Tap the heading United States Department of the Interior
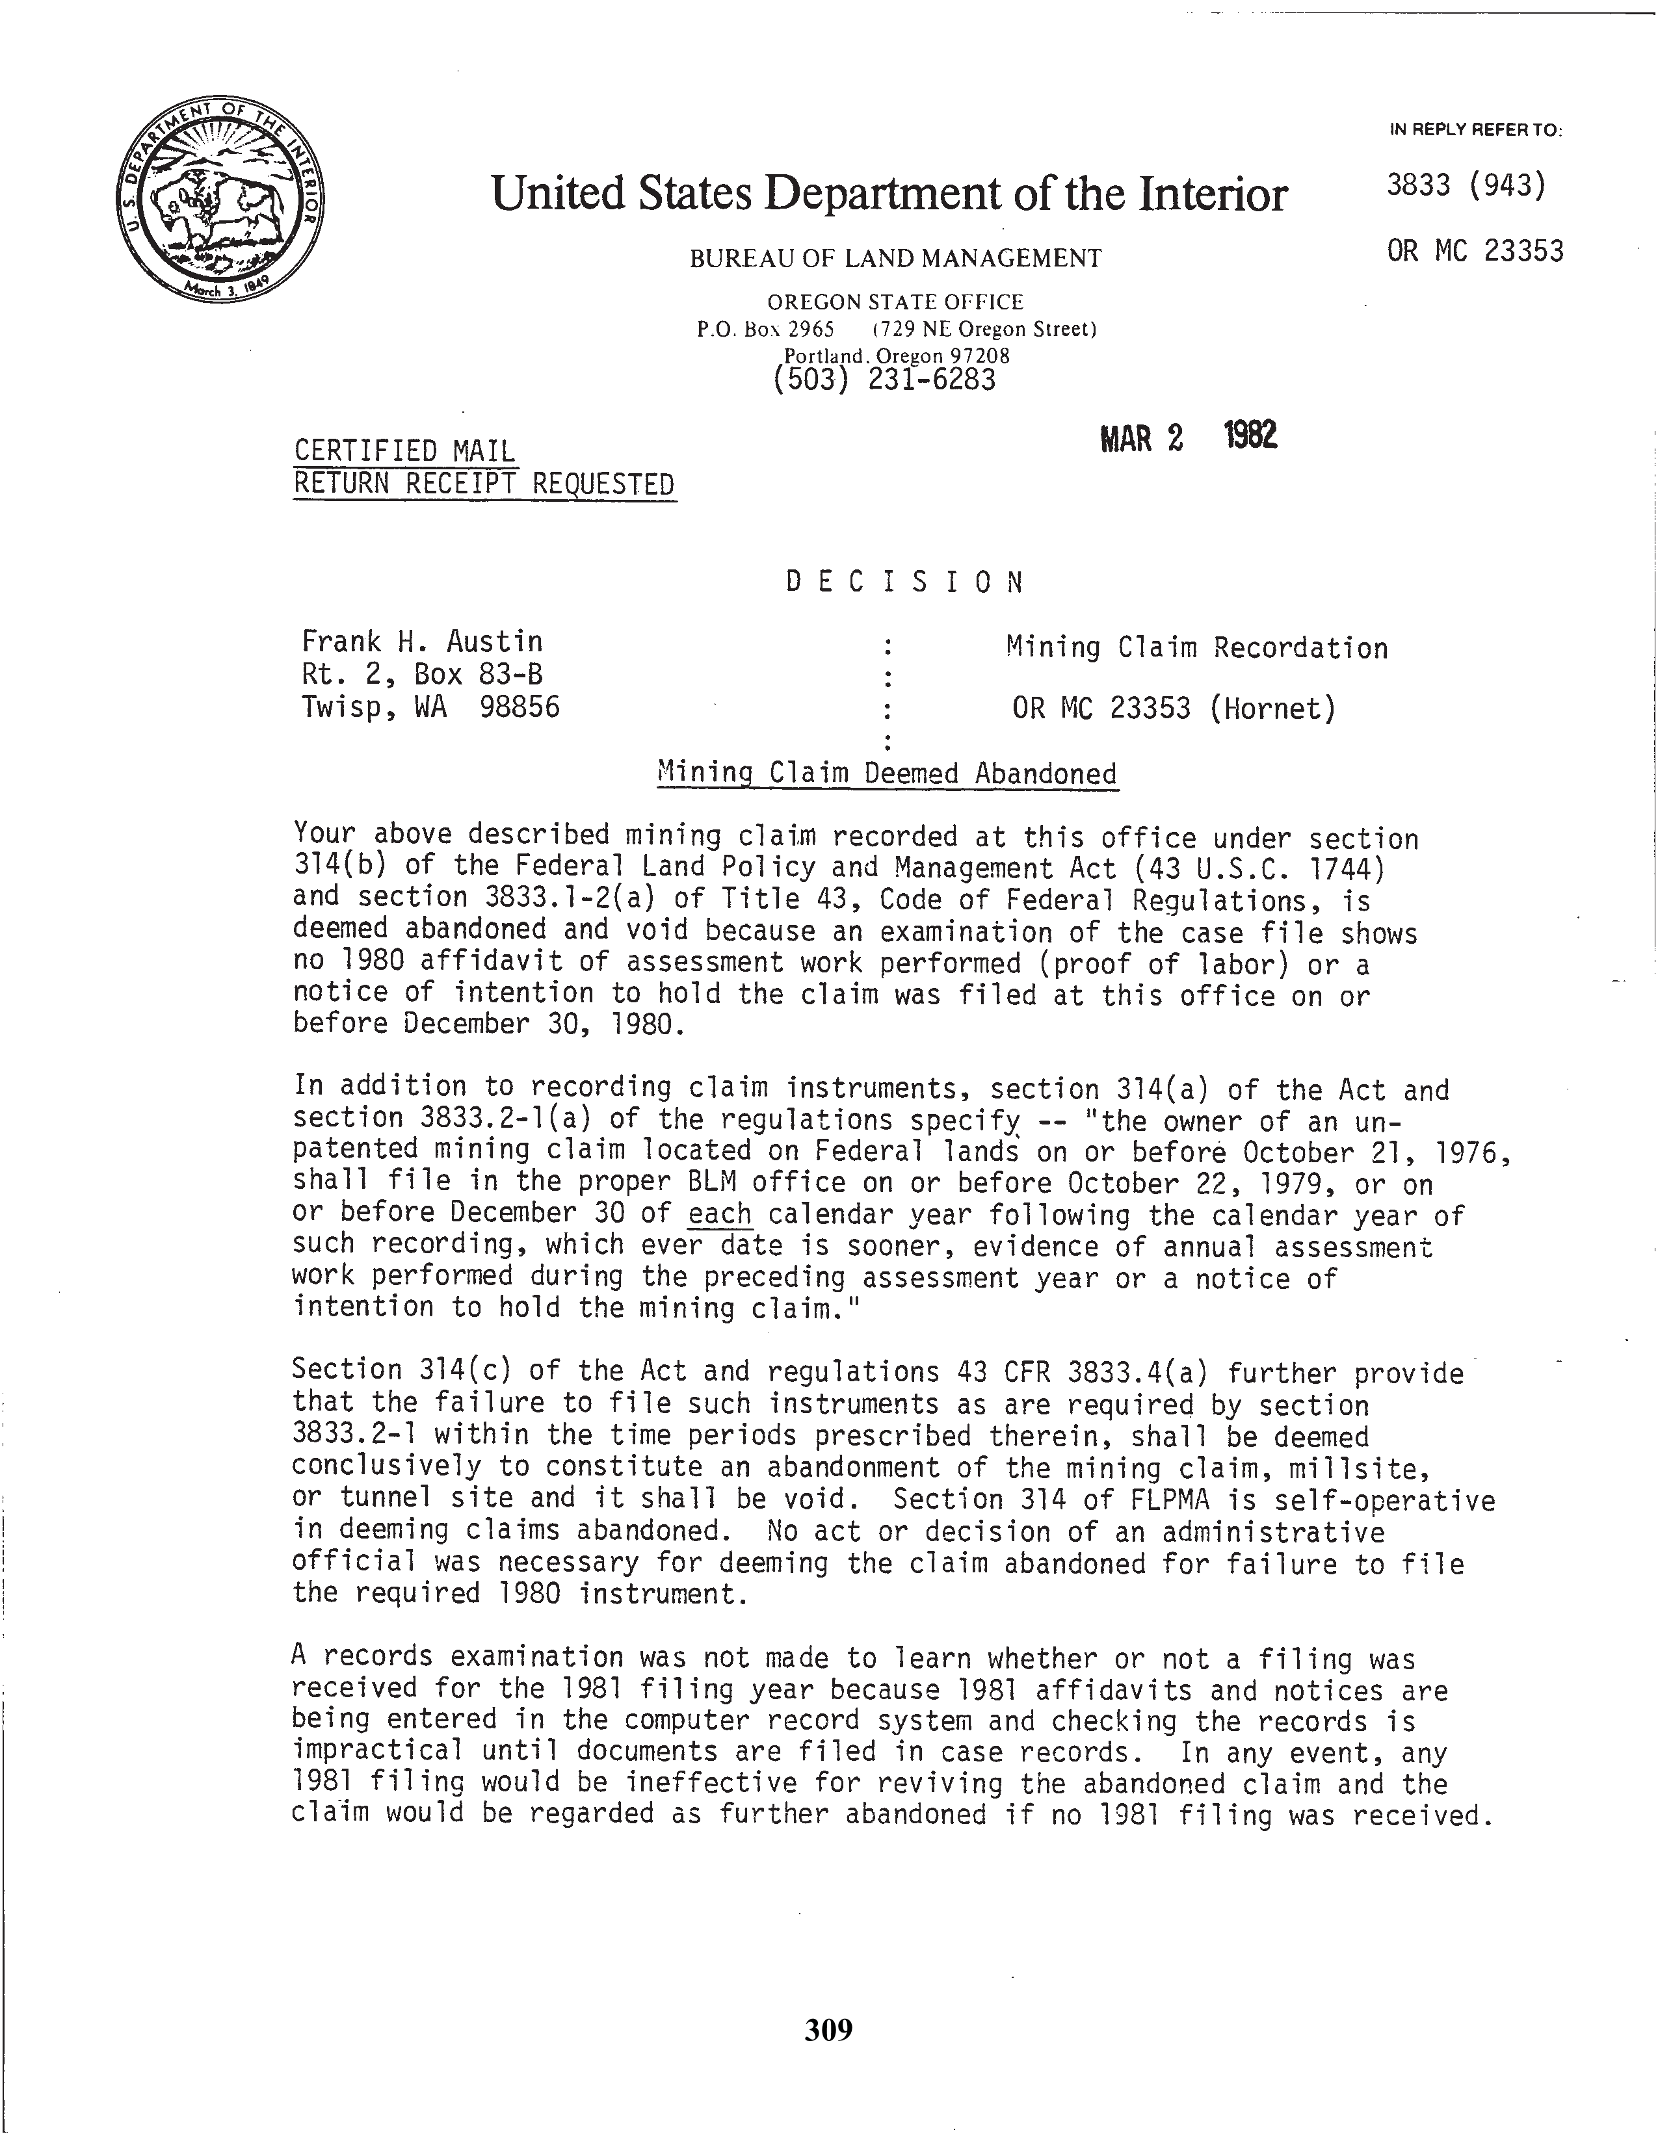888,194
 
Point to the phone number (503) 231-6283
884,379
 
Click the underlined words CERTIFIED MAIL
404,451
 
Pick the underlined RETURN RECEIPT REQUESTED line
484,484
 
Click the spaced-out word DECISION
904,582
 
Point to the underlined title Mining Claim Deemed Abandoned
887,774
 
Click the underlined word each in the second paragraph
720,1214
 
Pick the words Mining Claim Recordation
1196,648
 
